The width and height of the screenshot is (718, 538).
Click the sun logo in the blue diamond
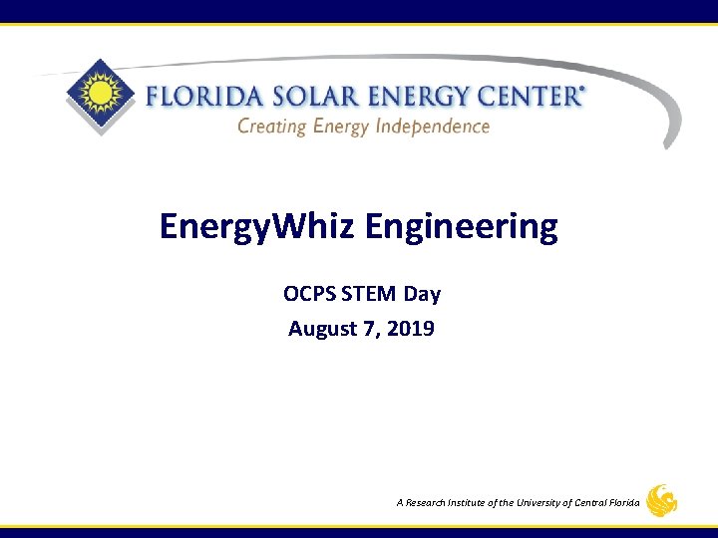click(99, 97)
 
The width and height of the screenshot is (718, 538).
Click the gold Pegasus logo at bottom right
click(661, 501)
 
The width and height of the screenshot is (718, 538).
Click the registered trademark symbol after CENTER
click(581, 89)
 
